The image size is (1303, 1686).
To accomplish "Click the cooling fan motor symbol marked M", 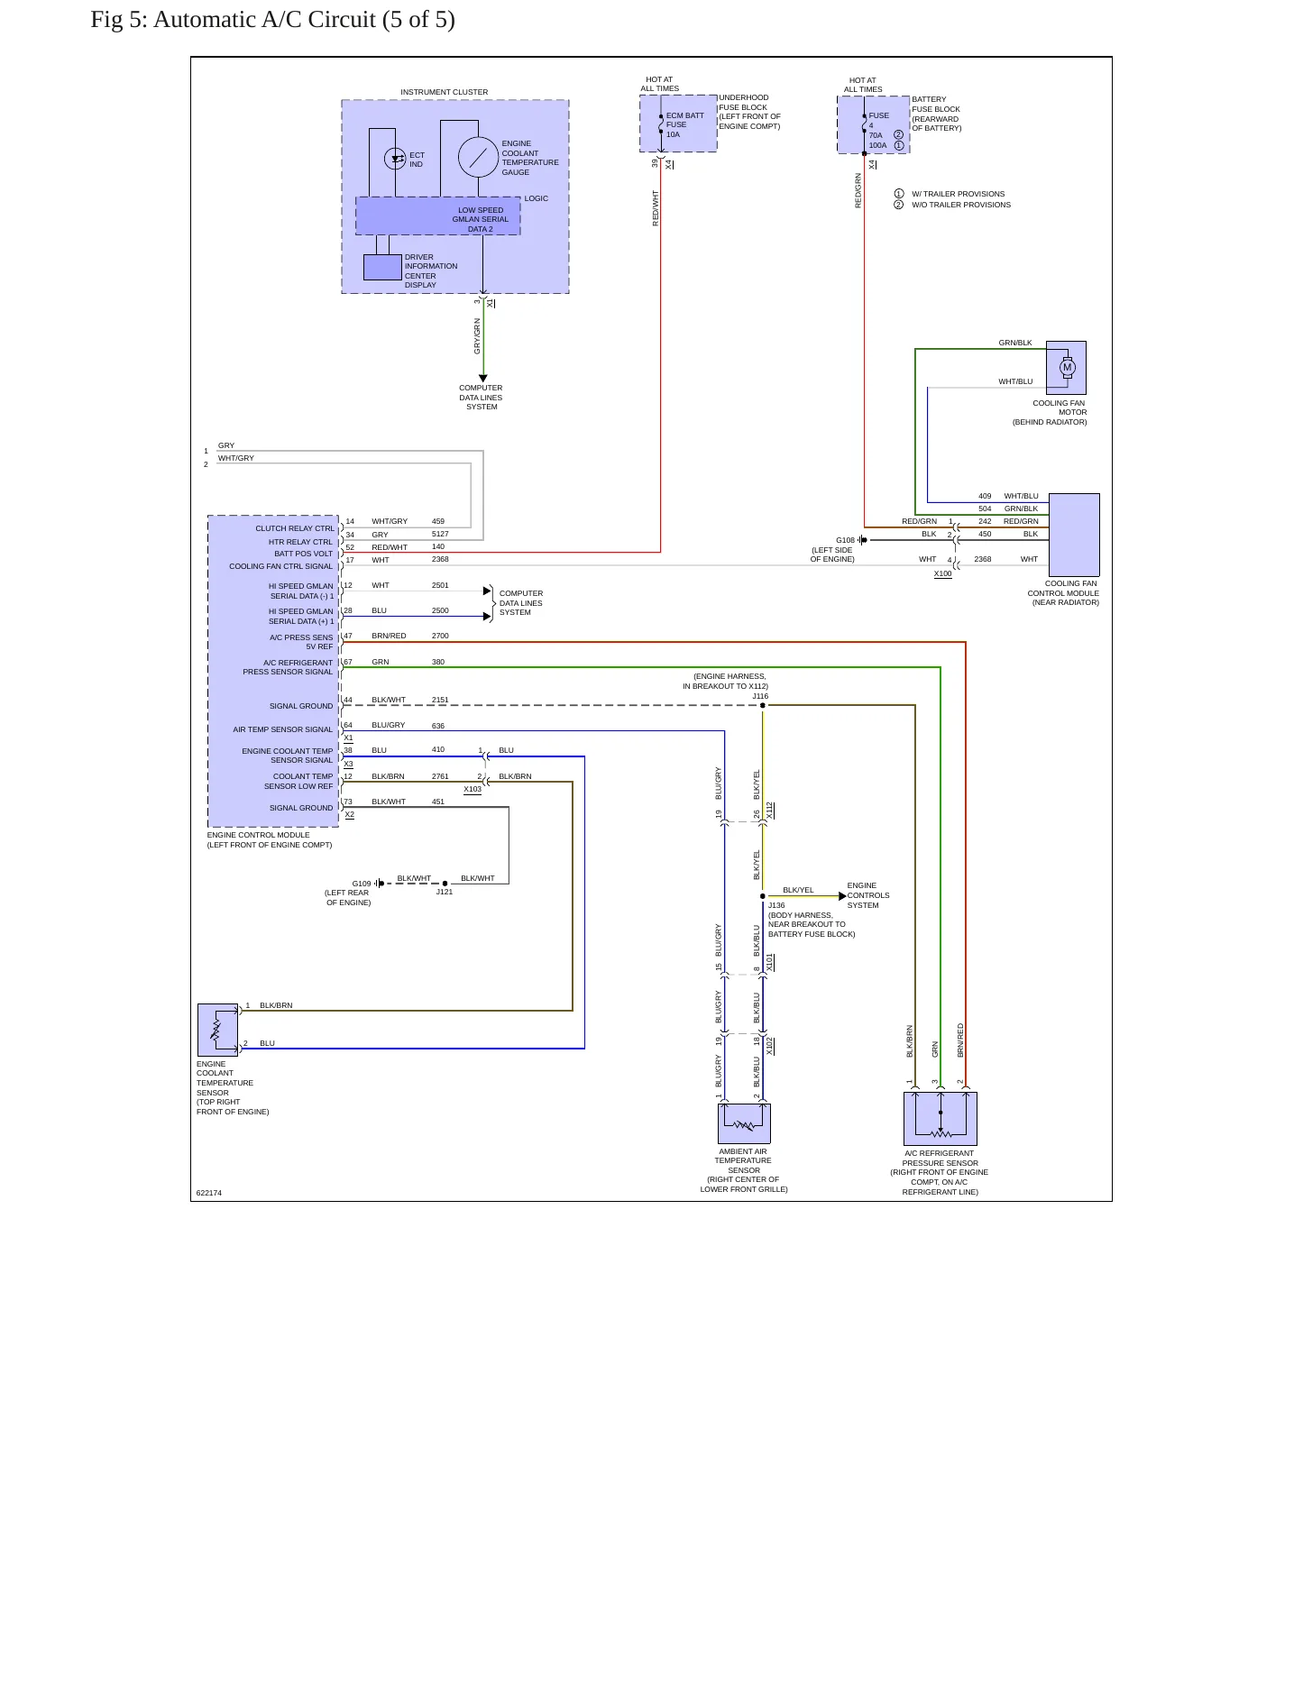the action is (x=1068, y=367).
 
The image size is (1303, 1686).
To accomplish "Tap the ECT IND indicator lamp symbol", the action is (x=395, y=159).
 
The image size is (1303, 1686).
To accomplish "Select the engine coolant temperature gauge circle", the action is (x=478, y=158).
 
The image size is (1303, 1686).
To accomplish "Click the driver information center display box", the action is (x=382, y=267).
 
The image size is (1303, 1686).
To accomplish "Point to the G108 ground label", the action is (x=845, y=540).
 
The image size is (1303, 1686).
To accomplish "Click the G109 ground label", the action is (x=362, y=884).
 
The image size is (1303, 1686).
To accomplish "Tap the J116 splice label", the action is (x=760, y=696).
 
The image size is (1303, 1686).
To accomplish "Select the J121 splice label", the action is (x=445, y=892).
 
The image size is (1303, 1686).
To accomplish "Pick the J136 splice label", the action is (x=776, y=905).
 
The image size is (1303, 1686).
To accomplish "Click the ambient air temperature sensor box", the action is (x=744, y=1123).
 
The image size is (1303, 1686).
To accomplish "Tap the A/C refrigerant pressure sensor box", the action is (x=941, y=1118).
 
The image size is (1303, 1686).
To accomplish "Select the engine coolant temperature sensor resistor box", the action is (x=217, y=1030).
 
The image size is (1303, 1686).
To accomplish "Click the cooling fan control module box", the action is (x=1074, y=535).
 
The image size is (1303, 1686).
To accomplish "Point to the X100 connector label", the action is (x=942, y=573).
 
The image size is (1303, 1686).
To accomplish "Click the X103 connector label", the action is (x=473, y=789).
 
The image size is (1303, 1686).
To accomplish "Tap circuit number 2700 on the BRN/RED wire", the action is (x=440, y=636).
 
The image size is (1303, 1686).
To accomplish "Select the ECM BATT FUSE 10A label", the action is (x=685, y=124).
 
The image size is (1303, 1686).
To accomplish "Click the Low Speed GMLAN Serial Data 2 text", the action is (x=481, y=220).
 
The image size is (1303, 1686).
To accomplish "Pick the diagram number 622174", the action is (x=209, y=1193).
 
